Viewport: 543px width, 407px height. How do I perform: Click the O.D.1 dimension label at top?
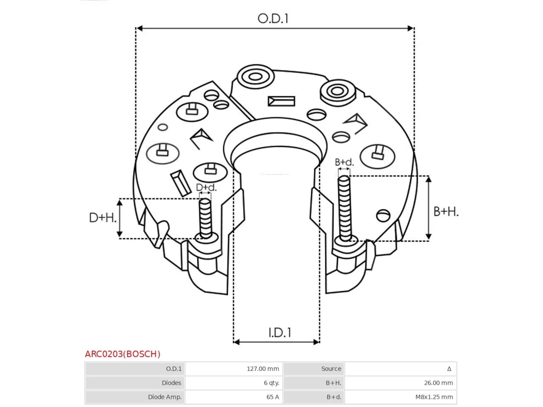273,19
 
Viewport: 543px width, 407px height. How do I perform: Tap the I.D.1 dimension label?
280,332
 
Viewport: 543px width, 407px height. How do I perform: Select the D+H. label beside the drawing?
103,218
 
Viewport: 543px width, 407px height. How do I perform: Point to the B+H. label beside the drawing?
446,212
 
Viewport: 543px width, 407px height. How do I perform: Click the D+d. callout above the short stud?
206,187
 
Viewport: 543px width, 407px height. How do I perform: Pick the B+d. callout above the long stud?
344,162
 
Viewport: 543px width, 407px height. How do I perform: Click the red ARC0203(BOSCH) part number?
123,354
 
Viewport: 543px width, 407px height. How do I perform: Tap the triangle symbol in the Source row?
449,369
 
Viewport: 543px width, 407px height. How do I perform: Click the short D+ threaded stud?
205,219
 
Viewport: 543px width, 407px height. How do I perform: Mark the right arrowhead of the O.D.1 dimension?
410,28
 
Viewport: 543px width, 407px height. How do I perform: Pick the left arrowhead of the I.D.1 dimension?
237,342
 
